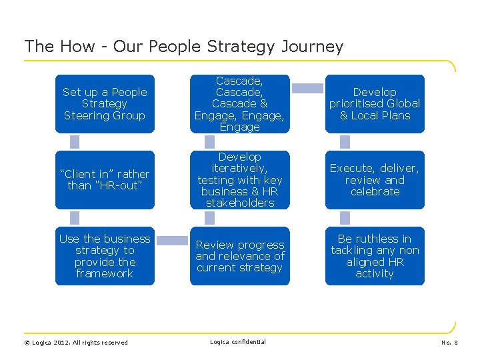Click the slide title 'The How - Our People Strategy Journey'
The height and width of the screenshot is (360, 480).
pyautogui.click(x=183, y=47)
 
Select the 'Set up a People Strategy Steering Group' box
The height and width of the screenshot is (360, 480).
pyautogui.click(x=105, y=104)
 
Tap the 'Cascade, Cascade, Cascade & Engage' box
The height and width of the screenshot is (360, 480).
pyautogui.click(x=240, y=104)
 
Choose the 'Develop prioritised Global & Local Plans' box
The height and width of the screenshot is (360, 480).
pyautogui.click(x=375, y=104)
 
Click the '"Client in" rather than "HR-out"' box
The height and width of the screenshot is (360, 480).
pyautogui.click(x=105, y=180)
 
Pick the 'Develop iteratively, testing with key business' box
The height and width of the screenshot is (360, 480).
pyautogui.click(x=240, y=180)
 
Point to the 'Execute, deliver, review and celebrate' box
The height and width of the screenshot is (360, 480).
pyautogui.click(x=375, y=180)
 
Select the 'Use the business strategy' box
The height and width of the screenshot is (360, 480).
pyautogui.click(x=105, y=256)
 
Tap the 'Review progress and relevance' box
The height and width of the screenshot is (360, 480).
pyautogui.click(x=240, y=256)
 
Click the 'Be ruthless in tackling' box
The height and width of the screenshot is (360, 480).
pyautogui.click(x=375, y=256)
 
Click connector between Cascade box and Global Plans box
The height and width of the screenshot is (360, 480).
pyautogui.click(x=307, y=88)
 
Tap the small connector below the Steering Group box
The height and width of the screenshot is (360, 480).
pyautogui.click(x=75, y=142)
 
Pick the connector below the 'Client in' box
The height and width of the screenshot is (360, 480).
pyautogui.click(x=75, y=218)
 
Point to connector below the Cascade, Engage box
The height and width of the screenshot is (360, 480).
pyautogui.click(x=210, y=142)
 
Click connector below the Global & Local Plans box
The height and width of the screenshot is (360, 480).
pyautogui.click(x=345, y=142)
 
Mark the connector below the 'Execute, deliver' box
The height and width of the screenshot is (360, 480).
pyautogui.click(x=345, y=218)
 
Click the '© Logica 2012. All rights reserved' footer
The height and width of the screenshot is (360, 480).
pyautogui.click(x=76, y=343)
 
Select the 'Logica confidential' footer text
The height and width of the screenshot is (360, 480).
pyautogui.click(x=238, y=342)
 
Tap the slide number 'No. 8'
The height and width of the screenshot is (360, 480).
pyautogui.click(x=450, y=343)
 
